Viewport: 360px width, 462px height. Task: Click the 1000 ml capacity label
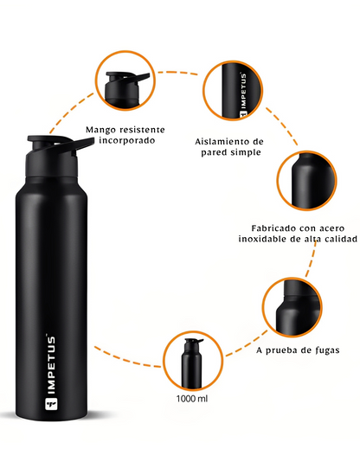point(192,399)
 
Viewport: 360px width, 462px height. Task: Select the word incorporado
point(127,140)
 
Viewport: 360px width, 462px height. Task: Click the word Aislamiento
point(221,141)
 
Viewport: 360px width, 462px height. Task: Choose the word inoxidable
point(262,239)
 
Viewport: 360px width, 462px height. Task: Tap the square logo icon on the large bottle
point(51,404)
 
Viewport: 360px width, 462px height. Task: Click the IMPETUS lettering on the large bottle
point(51,365)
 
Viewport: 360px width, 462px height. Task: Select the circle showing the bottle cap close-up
point(125,80)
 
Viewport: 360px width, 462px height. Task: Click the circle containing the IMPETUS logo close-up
point(233,90)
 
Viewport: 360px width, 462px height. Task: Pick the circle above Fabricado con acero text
point(306,180)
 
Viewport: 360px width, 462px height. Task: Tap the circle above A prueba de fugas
point(292,307)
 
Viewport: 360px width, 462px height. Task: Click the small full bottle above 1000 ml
point(192,363)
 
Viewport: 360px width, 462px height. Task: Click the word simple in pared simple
point(246,152)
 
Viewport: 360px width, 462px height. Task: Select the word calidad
point(341,239)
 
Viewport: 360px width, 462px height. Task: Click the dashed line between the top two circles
point(177,73)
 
